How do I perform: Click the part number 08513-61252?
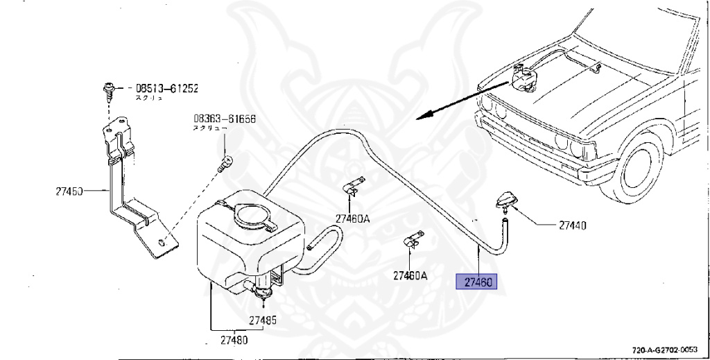tap(166, 88)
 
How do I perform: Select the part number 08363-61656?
tap(224, 119)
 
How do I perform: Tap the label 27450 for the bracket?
tap(69, 190)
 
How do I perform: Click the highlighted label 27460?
tap(477, 282)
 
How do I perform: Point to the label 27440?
tap(572, 225)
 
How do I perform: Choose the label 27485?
tap(263, 320)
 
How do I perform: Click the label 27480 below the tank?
tap(234, 340)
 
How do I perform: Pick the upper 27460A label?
tap(353, 218)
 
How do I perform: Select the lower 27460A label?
tap(410, 275)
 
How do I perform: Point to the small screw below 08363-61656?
tap(223, 164)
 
